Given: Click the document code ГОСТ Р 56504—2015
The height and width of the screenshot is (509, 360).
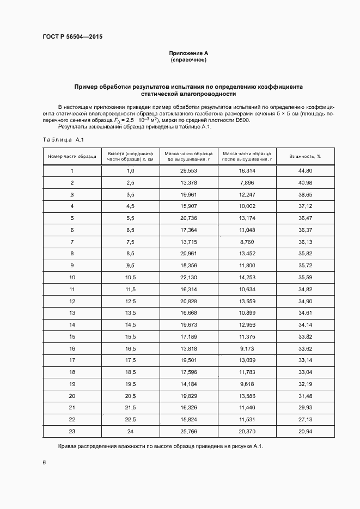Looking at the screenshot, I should tap(72, 36).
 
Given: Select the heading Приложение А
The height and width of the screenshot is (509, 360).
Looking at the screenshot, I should tap(188, 53).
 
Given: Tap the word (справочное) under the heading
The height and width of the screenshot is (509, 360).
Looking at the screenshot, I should tap(188, 60).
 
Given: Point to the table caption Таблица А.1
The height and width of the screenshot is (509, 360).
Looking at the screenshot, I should tap(63, 140).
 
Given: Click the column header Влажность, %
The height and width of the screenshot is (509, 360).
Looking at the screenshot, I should tap(305, 156).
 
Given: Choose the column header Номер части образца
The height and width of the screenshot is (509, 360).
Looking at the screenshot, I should tap(72, 156).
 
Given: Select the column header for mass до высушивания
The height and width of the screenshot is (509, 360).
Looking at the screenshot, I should tap(188, 156).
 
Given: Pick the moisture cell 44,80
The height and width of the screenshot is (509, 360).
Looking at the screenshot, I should tap(305, 171).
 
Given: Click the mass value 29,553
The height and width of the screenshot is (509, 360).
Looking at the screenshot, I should tap(188, 171).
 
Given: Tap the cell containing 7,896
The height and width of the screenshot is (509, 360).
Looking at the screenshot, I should tap(247, 182).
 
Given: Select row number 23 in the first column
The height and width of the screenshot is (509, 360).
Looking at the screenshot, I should tap(72, 431).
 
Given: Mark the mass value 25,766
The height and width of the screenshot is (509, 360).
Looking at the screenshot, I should tap(188, 431).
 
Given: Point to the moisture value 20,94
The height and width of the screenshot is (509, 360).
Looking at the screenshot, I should tap(305, 431).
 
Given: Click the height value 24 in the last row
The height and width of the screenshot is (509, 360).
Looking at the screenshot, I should tap(130, 431).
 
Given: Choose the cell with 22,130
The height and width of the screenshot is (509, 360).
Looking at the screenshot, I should tap(188, 277).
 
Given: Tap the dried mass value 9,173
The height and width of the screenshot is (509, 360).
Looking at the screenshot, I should tap(247, 348).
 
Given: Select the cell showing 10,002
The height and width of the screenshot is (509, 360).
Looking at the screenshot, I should tap(247, 206).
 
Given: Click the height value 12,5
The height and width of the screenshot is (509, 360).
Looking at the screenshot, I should tap(130, 301).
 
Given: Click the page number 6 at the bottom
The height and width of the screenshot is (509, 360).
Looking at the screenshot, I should tap(44, 463).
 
